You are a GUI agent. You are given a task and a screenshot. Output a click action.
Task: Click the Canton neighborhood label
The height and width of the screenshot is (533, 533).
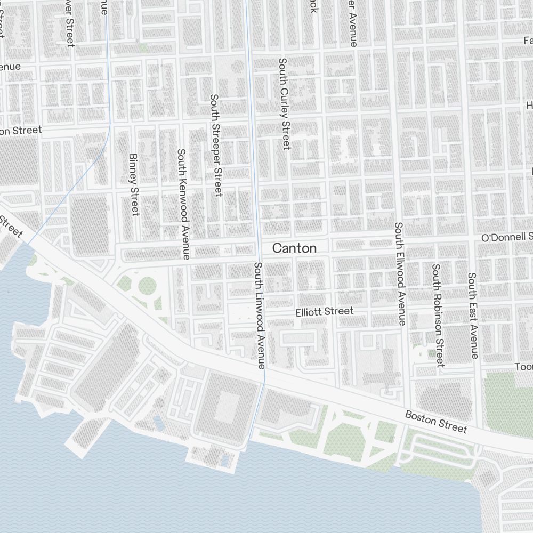[x=294, y=248]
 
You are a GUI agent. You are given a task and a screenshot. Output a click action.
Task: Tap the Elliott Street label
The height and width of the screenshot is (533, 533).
[x=324, y=311]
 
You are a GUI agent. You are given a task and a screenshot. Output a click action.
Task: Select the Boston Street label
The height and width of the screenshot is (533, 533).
[x=435, y=422]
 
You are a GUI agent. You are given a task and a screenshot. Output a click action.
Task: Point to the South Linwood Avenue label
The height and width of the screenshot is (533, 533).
[x=259, y=316]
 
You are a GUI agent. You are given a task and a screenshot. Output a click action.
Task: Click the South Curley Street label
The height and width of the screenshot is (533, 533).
[x=284, y=103]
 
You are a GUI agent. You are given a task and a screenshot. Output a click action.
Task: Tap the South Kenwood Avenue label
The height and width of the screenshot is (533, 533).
[x=183, y=204]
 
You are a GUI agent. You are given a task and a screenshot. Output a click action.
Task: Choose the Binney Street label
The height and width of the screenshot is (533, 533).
[x=133, y=185]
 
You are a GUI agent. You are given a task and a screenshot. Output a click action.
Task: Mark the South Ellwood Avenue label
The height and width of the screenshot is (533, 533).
[x=400, y=273]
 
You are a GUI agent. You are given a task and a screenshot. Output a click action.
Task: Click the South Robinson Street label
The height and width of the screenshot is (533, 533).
[x=438, y=315]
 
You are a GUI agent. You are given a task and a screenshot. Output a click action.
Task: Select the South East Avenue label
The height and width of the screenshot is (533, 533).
[x=473, y=315]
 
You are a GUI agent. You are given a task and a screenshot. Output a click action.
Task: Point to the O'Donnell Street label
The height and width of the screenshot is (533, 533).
[x=506, y=237]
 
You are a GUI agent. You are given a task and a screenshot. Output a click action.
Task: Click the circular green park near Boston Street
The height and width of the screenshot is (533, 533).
[x=147, y=286]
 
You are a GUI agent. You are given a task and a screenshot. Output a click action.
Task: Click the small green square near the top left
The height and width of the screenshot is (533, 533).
[x=143, y=47]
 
